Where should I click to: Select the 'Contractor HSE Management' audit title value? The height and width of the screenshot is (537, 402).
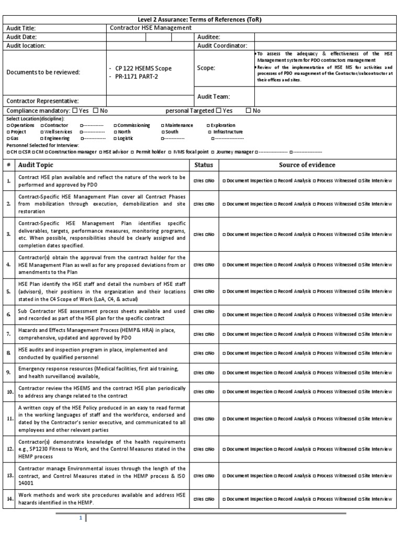(x=150, y=28)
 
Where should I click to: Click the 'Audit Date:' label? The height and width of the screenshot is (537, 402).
(x=23, y=37)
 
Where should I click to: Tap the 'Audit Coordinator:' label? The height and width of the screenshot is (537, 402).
(x=222, y=46)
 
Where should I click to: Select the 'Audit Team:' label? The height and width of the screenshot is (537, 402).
(x=213, y=96)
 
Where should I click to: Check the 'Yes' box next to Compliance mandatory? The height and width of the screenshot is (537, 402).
(x=74, y=111)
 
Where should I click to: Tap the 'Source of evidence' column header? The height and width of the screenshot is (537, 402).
(x=307, y=165)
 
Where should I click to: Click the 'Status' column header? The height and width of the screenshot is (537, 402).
(x=204, y=165)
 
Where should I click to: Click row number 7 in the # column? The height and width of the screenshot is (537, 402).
(x=9, y=334)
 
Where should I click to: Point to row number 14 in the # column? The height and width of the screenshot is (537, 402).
(x=9, y=498)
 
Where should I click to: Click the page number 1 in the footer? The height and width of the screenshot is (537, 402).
(x=81, y=518)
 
